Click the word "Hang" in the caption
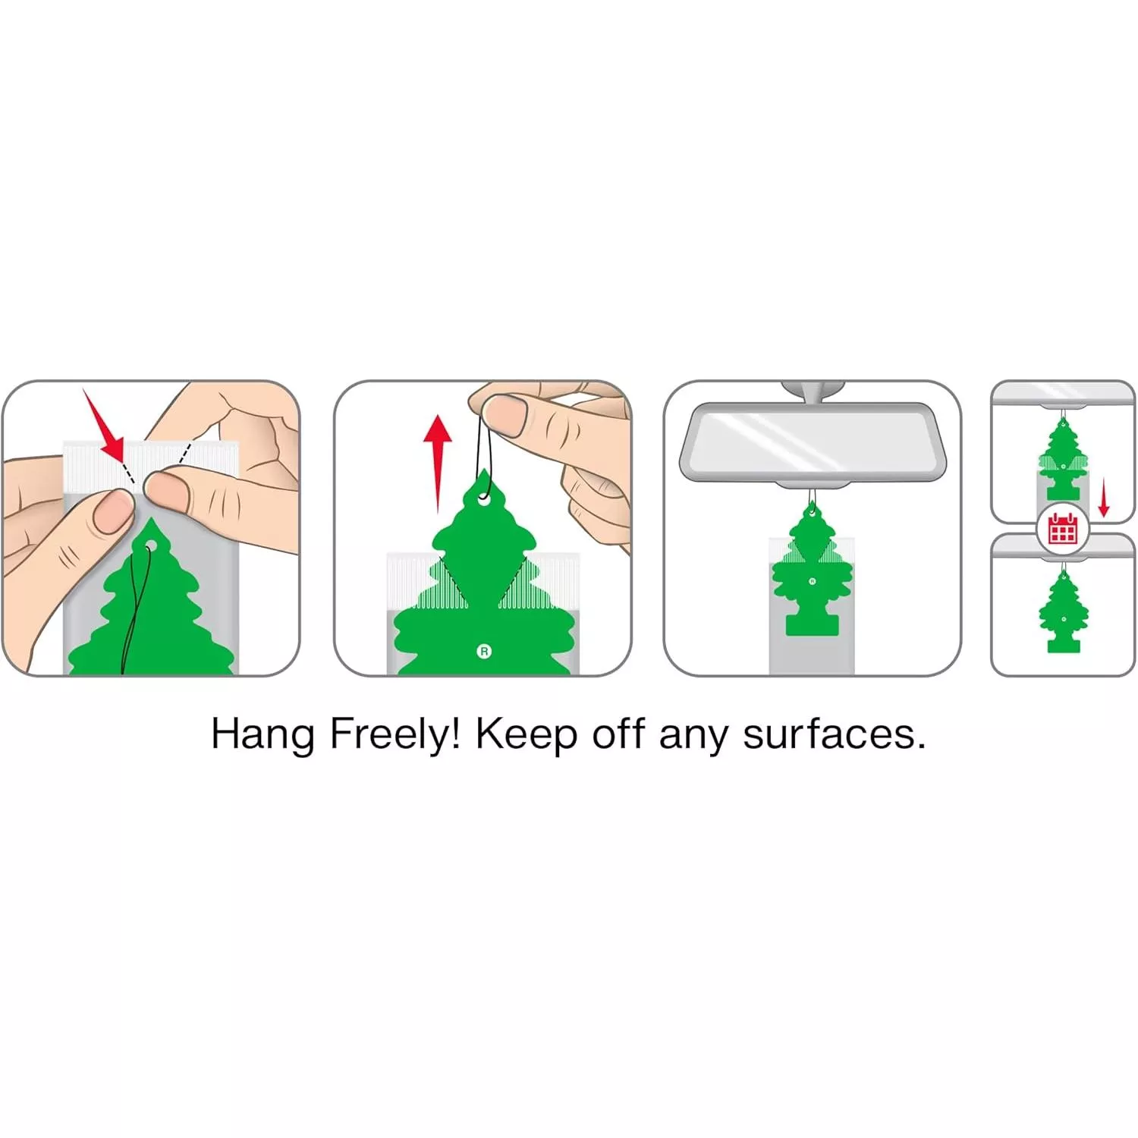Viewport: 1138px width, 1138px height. tap(262, 735)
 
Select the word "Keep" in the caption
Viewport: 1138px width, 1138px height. tap(526, 735)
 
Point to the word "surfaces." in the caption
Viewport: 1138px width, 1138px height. tap(835, 734)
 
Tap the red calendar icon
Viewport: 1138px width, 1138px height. tap(1062, 528)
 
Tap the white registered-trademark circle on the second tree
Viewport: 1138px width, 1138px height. tap(484, 651)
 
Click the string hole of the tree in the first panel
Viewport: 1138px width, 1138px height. tap(149, 545)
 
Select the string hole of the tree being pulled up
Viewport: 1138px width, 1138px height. tap(483, 499)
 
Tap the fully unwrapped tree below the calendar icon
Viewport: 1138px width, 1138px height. tap(1063, 611)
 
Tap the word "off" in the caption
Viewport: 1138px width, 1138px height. tap(618, 734)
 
